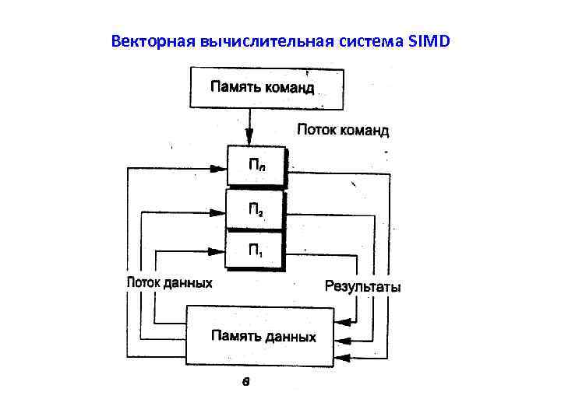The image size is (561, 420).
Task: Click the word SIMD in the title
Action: (x=428, y=40)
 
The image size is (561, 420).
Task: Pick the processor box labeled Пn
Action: (x=256, y=166)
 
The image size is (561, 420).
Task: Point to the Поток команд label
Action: (x=342, y=130)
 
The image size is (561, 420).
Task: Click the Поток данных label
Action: (x=169, y=283)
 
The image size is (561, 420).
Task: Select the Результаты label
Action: (x=363, y=287)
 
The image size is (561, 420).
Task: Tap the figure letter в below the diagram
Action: (x=245, y=380)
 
